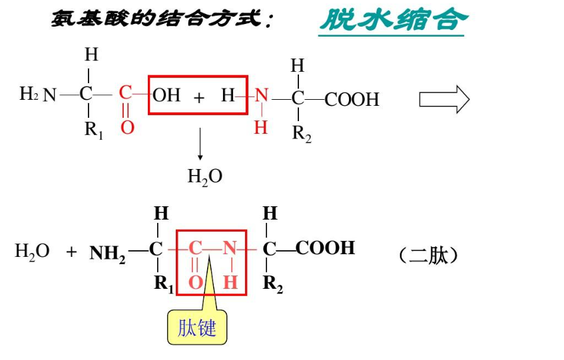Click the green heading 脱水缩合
(392, 19)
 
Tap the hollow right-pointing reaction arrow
(443, 100)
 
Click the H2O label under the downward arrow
(204, 176)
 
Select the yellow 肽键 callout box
(197, 327)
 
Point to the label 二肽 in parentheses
(429, 256)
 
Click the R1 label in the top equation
(93, 130)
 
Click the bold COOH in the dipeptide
(325, 248)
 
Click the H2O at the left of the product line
(32, 252)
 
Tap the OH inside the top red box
(166, 95)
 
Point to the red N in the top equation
(262, 96)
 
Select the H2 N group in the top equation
(37, 94)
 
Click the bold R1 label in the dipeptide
(163, 283)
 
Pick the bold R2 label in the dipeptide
(272, 284)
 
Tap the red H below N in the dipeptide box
(230, 282)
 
